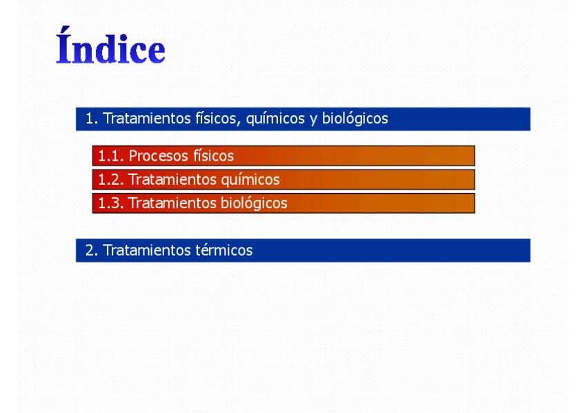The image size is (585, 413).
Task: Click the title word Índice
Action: click(110, 46)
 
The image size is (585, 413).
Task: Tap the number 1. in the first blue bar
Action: click(92, 119)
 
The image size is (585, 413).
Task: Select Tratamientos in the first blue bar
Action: click(147, 119)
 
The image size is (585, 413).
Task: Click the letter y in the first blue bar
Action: click(313, 121)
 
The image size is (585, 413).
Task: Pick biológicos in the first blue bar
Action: click(355, 119)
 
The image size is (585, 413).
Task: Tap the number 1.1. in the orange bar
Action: click(111, 156)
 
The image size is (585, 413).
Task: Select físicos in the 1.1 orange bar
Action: click(213, 155)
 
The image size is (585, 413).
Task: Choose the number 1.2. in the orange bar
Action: click(111, 180)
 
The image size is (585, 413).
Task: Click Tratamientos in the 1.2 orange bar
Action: click(172, 180)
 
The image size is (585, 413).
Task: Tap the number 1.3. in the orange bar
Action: click(111, 203)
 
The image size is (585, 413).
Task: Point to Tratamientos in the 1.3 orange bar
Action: click(172, 203)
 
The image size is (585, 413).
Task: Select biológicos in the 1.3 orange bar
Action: click(254, 204)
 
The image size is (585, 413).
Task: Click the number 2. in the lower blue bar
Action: click(92, 250)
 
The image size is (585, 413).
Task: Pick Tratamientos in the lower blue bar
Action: click(147, 250)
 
